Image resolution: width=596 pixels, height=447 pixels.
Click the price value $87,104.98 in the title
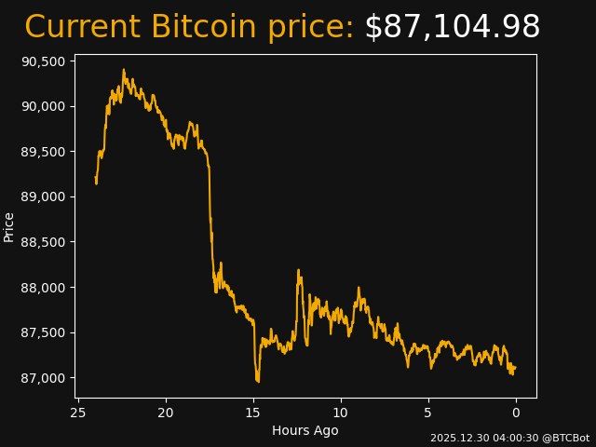pyautogui.click(x=452, y=28)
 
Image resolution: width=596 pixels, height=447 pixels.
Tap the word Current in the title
pyautogui.click(x=83, y=28)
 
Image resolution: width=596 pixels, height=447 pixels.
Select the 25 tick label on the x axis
pyautogui.click(x=78, y=413)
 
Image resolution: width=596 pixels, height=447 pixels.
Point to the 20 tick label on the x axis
pyautogui.click(x=166, y=413)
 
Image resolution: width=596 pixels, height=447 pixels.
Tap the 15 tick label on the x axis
pyautogui.click(x=253, y=413)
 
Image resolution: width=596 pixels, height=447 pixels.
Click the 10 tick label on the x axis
pyautogui.click(x=341, y=413)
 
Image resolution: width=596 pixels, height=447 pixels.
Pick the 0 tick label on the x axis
pyautogui.click(x=516, y=413)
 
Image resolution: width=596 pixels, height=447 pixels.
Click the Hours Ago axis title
pyautogui.click(x=305, y=430)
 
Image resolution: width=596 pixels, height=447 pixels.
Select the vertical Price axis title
pyautogui.click(x=9, y=226)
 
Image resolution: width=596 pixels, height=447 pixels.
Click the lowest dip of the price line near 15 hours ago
pyautogui.click(x=258, y=381)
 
